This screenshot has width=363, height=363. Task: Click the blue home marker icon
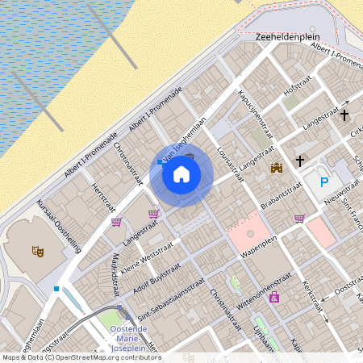(181, 174)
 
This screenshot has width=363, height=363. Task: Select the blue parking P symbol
(324, 183)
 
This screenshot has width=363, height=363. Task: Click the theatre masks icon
(37, 252)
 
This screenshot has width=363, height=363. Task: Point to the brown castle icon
(277, 168)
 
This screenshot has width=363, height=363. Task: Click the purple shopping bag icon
(274, 298)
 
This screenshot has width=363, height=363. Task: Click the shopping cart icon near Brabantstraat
(299, 218)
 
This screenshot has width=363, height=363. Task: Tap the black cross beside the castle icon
(300, 161)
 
